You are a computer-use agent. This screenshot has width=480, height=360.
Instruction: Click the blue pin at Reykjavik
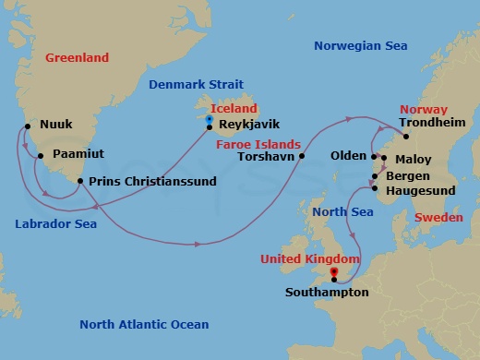point(210,119)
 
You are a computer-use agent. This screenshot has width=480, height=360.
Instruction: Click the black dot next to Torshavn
point(301,156)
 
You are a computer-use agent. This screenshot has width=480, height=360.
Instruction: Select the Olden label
point(348,156)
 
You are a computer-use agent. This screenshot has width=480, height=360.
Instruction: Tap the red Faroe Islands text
point(258,144)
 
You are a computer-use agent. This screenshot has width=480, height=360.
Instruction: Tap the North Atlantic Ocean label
point(144,325)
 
